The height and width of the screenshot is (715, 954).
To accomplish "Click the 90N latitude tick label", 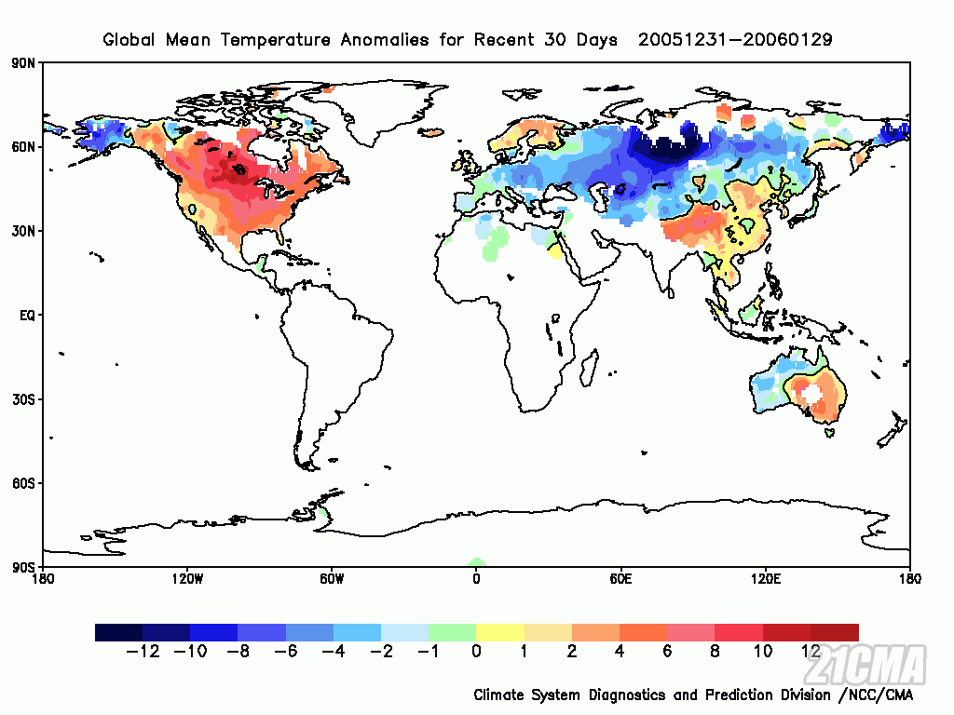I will tap(24, 62).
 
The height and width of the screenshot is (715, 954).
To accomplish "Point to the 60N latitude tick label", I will tap(24, 147).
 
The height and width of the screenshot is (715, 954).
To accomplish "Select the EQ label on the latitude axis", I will tap(26, 316).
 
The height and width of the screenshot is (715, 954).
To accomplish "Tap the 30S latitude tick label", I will tap(24, 399).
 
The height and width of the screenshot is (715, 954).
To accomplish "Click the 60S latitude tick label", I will tap(24, 483).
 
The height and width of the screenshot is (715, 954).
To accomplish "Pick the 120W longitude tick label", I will tap(187, 579).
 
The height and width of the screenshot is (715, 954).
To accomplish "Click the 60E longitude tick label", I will tap(620, 579).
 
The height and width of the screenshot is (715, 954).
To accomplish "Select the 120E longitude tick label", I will tap(766, 579).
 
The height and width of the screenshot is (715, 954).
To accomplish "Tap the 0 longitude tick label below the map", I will tap(476, 579).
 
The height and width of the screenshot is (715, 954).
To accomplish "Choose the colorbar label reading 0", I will tap(476, 652).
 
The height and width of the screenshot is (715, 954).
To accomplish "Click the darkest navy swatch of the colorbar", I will tap(118, 632).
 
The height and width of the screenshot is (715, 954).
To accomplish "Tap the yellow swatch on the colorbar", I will tap(500, 632).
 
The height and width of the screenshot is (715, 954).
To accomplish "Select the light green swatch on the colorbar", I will tap(452, 632).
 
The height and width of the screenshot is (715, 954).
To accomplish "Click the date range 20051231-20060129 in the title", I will tap(735, 39).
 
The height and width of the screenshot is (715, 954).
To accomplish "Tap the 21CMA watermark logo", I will tap(869, 665).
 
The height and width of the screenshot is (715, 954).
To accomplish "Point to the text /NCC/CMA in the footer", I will tap(876, 695).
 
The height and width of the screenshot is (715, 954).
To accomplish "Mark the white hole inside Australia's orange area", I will tap(812, 396).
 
